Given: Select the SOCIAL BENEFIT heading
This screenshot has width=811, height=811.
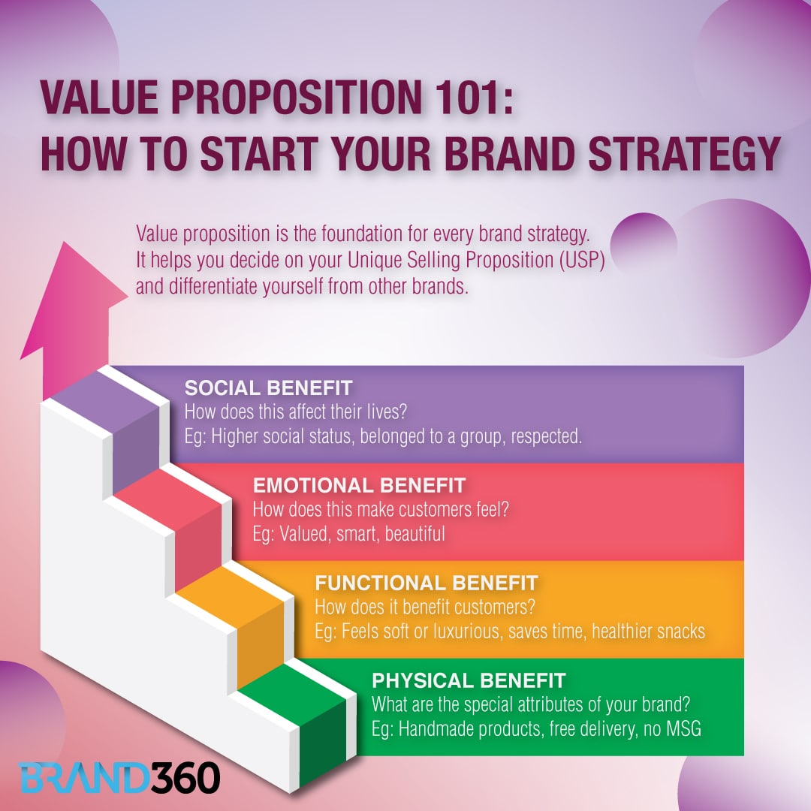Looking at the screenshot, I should pyautogui.click(x=268, y=388).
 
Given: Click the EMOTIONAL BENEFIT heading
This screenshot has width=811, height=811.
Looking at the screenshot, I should pyautogui.click(x=359, y=485).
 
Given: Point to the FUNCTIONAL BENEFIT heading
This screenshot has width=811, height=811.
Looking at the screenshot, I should pyautogui.click(x=426, y=583).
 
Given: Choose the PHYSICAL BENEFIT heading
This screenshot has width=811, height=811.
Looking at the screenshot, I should pyautogui.click(x=469, y=681).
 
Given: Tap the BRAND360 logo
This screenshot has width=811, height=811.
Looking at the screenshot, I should pyautogui.click(x=119, y=778).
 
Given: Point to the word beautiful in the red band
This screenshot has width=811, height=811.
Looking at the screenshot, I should pyautogui.click(x=415, y=534).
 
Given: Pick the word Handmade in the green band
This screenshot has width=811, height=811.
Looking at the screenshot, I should pyautogui.click(x=431, y=728).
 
